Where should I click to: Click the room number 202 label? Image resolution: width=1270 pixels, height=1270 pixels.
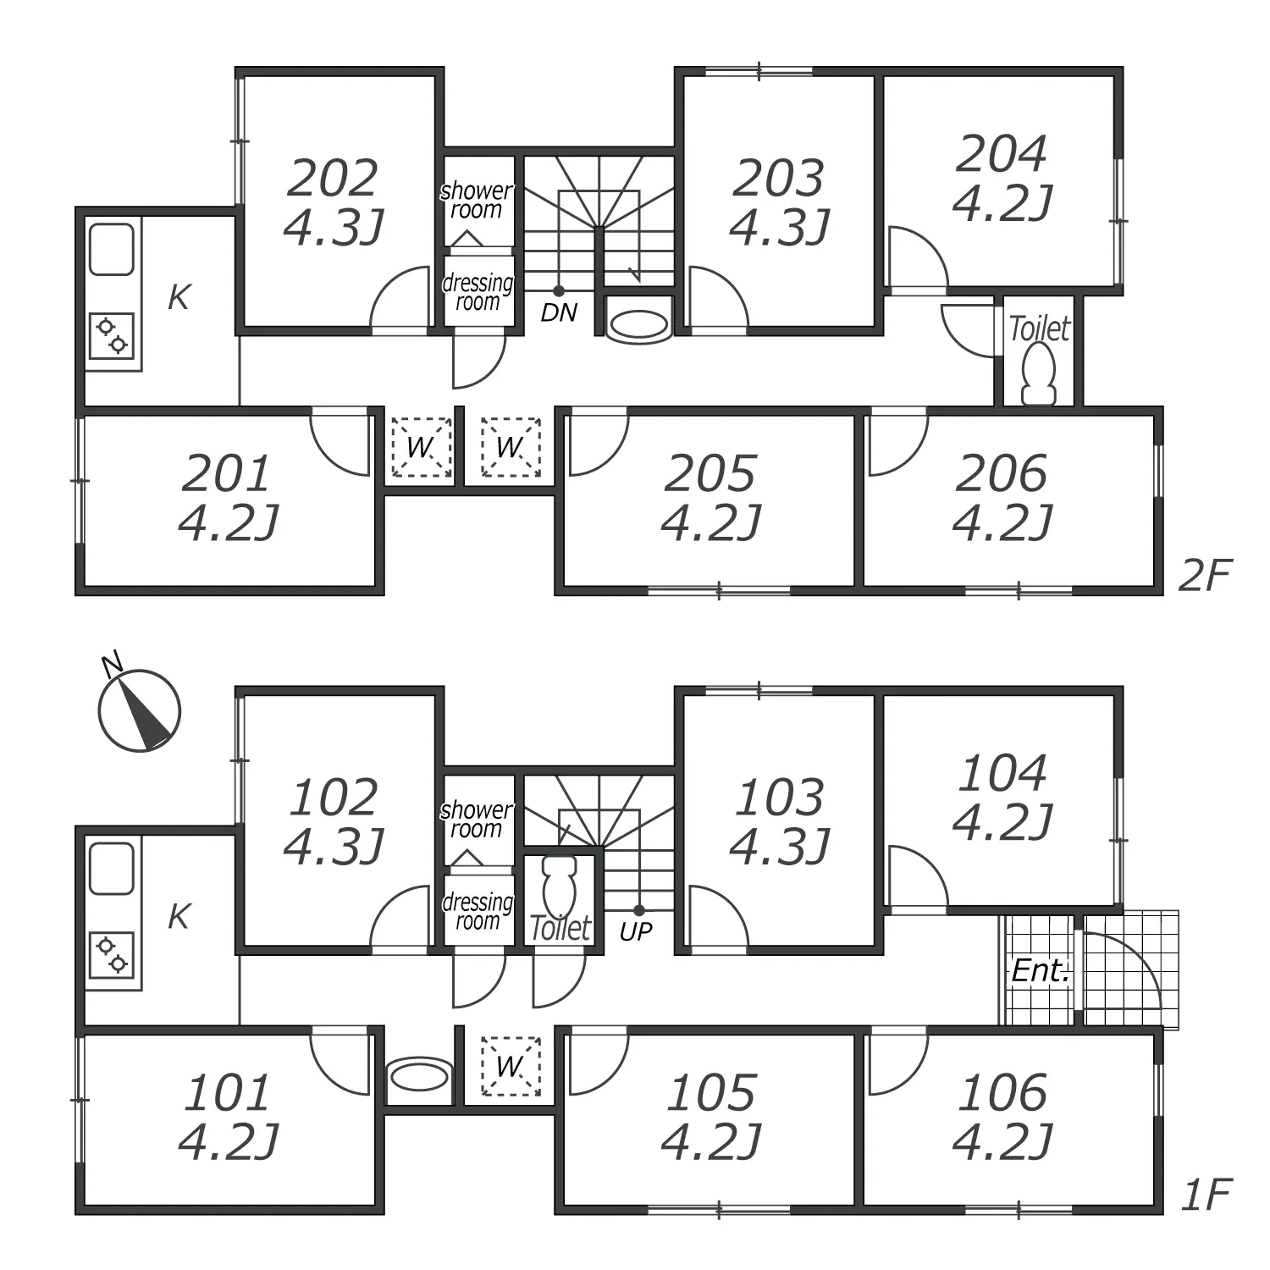click(x=333, y=179)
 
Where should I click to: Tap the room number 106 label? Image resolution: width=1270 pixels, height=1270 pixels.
click(x=1002, y=1093)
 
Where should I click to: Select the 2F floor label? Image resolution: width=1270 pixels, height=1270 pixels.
click(x=1204, y=577)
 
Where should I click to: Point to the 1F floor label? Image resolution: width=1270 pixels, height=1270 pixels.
click(x=1205, y=1195)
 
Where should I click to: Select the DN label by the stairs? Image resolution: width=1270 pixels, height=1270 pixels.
click(x=559, y=312)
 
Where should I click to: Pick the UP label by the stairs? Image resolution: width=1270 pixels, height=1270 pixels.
click(x=636, y=932)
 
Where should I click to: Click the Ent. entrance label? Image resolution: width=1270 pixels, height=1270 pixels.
click(x=1040, y=971)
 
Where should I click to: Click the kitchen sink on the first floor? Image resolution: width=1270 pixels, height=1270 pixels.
click(x=112, y=869)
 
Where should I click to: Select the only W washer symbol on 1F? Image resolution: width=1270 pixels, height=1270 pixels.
click(x=511, y=1066)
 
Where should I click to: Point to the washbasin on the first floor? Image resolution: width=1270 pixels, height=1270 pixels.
click(x=417, y=1076)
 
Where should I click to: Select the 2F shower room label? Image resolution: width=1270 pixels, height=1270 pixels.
click(x=477, y=200)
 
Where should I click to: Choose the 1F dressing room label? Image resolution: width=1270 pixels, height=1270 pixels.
click(x=478, y=912)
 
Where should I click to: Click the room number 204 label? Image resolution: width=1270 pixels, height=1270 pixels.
click(x=1002, y=153)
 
